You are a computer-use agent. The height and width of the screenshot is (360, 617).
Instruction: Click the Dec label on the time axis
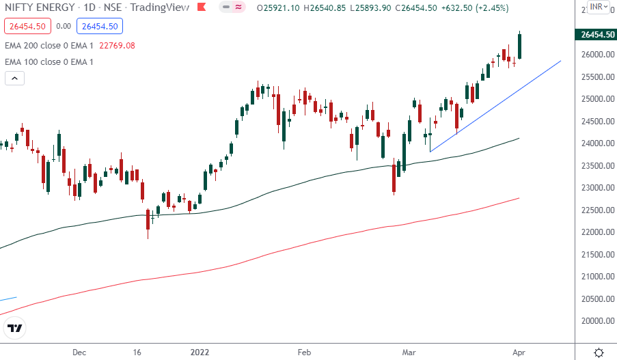click(x=79, y=352)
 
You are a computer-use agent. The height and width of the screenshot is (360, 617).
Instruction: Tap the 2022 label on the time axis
click(x=200, y=352)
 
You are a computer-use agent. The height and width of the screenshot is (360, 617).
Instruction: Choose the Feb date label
click(x=304, y=352)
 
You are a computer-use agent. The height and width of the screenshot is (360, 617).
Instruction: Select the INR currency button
click(x=597, y=7)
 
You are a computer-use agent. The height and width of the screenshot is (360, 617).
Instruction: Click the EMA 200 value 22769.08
click(x=117, y=46)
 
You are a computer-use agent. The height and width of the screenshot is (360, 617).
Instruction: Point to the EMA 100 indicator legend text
click(x=49, y=62)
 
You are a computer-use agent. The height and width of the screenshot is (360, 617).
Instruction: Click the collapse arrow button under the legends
click(x=14, y=78)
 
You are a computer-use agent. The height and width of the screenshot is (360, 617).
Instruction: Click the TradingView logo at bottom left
click(x=15, y=329)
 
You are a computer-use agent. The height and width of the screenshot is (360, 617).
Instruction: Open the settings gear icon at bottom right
click(x=599, y=352)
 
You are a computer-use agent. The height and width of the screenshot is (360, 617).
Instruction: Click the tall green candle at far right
click(x=520, y=45)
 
